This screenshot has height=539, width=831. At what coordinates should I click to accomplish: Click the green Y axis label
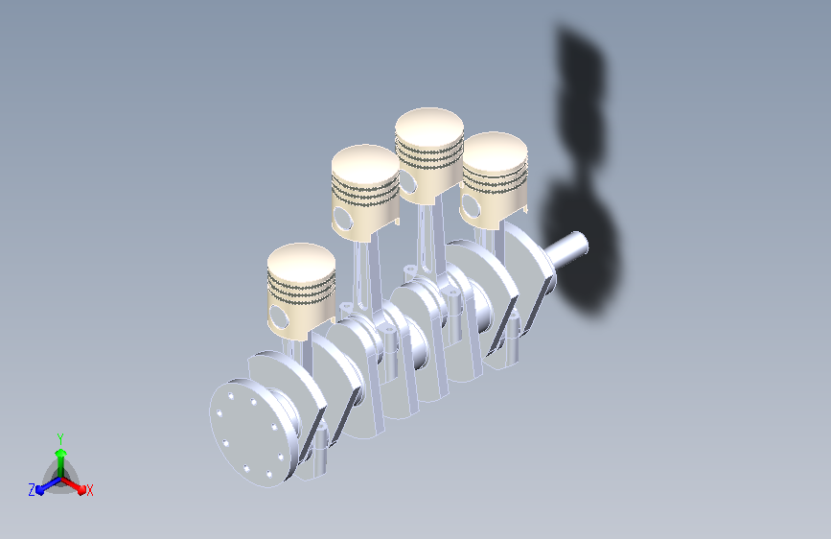coord(60,439)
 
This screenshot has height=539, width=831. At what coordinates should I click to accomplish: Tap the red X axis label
coord(89,491)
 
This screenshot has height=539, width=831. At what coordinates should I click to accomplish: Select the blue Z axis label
coord(32,490)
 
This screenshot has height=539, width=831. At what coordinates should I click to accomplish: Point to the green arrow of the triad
coord(61,463)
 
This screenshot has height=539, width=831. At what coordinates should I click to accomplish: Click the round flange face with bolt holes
coord(249,433)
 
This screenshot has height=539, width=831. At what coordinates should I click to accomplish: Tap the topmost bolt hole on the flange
coord(232,396)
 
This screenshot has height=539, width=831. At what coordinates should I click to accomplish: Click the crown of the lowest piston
coord(301,261)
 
